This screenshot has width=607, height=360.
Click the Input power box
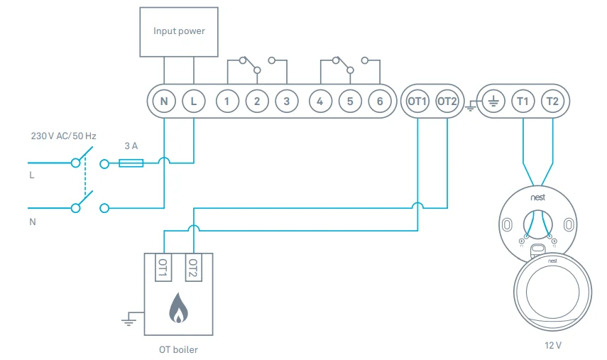tap(179, 31)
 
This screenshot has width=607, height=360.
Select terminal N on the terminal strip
tap(163, 102)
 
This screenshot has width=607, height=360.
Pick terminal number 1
tap(227, 102)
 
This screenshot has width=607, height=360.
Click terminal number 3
tap(286, 102)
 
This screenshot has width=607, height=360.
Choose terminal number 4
tap(320, 102)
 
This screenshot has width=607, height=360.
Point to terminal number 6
tap(380, 102)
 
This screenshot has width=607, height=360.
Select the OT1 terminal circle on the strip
tap(417, 102)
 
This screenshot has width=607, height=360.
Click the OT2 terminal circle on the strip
tap(447, 102)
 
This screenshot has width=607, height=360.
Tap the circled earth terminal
tap(493, 102)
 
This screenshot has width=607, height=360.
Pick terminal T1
tap(523, 102)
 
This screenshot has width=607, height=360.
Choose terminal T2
tap(552, 102)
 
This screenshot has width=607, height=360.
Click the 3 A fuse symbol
tap(131, 163)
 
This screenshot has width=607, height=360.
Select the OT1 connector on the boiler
tap(163, 268)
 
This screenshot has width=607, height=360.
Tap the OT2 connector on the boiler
tap(192, 268)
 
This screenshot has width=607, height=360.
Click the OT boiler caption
tap(178, 349)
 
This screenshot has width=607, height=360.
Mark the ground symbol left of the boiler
tap(128, 320)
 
